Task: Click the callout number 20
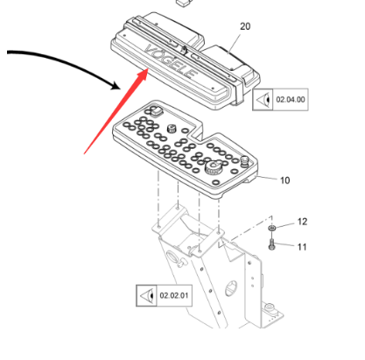(x=245, y=26)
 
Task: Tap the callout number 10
(x=284, y=180)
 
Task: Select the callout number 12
(x=302, y=222)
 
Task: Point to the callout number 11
(x=302, y=247)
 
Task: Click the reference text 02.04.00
(x=291, y=100)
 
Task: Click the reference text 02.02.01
(x=174, y=295)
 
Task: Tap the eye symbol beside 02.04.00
(x=263, y=100)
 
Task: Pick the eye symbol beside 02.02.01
(x=147, y=296)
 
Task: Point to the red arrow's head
(x=143, y=74)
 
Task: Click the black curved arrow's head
(x=116, y=86)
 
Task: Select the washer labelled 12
(x=272, y=228)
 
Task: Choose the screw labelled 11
(x=272, y=244)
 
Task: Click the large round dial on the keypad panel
(x=214, y=167)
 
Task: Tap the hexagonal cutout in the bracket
(x=231, y=288)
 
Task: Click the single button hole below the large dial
(x=215, y=183)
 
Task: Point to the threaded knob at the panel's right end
(x=245, y=161)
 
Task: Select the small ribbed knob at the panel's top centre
(x=172, y=129)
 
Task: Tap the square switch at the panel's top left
(x=156, y=110)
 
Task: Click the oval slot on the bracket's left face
(x=172, y=258)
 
